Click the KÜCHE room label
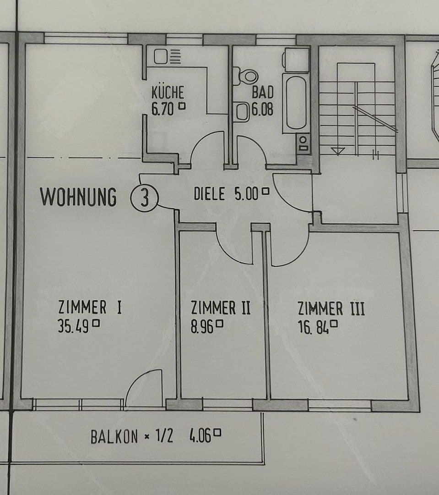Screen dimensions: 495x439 [x=168, y=92]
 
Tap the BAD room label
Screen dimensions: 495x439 [x=262, y=92]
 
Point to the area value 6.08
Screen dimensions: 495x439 [x=263, y=110]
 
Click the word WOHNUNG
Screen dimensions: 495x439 [x=78, y=197]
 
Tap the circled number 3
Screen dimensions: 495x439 [x=145, y=199]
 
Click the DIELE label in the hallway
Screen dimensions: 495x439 [x=209, y=194]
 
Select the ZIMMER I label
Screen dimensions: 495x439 [x=90, y=307]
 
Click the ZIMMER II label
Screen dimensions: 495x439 [x=221, y=307]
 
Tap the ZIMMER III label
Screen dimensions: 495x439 [x=331, y=308]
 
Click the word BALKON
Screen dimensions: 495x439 [x=114, y=437]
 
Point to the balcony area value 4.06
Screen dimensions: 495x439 [x=200, y=436]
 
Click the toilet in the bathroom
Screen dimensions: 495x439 [x=247, y=76]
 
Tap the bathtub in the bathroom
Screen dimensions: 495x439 [x=295, y=102]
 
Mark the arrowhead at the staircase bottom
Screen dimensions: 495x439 [x=338, y=151]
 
